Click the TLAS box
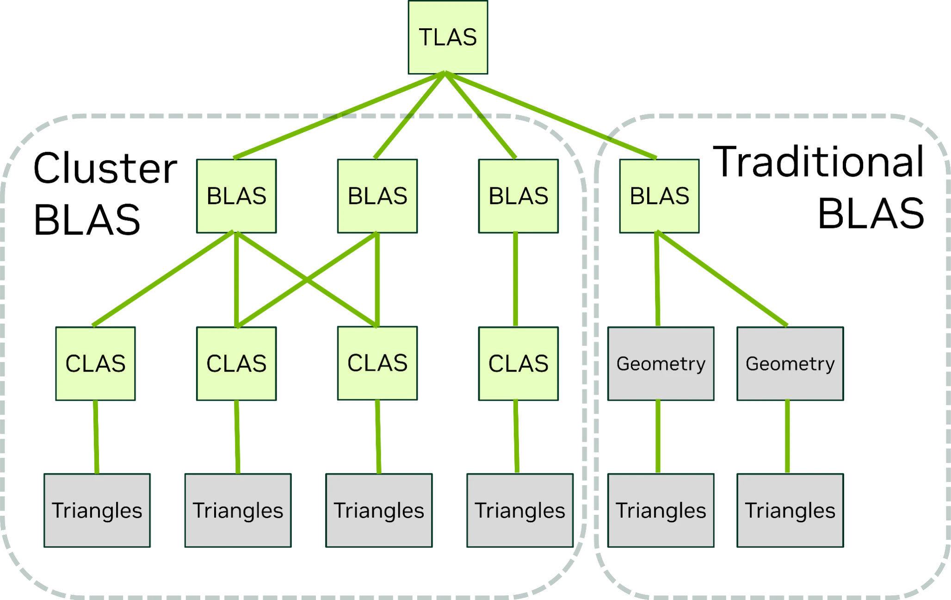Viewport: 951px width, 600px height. tap(448, 37)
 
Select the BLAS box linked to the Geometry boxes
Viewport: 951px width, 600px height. tap(659, 196)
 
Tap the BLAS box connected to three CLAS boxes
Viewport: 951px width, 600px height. tap(236, 196)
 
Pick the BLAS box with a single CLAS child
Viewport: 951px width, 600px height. tap(518, 196)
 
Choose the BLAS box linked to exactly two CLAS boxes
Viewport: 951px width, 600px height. tap(377, 196)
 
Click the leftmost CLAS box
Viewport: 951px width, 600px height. tap(95, 364)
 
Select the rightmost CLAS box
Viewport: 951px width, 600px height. tap(518, 364)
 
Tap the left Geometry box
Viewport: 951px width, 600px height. tap(661, 364)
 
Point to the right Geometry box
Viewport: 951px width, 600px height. tap(790, 364)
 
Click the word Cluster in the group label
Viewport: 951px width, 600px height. tap(105, 168)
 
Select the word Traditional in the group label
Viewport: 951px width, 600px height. tap(818, 162)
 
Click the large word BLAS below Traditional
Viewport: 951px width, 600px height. tap(871, 213)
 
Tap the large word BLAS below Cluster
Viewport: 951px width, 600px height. tap(86, 220)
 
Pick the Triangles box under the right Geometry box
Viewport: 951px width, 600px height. tap(790, 510)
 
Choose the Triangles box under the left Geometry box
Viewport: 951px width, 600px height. tap(661, 510)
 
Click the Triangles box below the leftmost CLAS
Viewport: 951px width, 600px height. tap(97, 510)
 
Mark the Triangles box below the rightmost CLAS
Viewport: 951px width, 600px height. tap(520, 510)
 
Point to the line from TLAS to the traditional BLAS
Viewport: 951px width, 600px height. tap(550, 115)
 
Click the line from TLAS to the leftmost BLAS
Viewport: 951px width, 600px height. tap(340, 115)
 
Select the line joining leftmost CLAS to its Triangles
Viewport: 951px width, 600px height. tap(96, 437)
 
